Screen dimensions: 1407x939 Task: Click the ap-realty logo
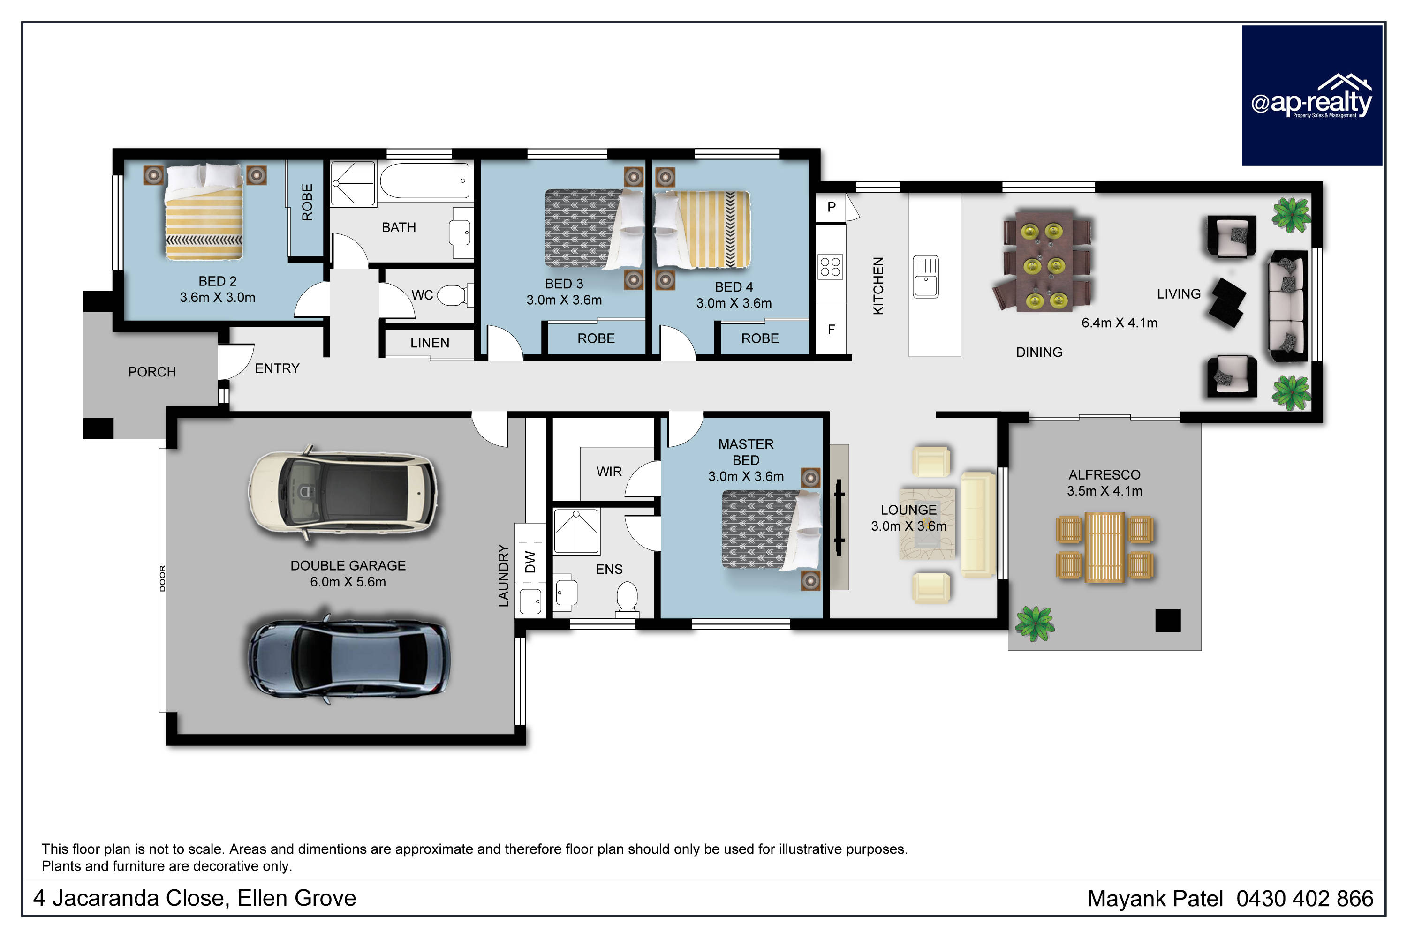(x=1311, y=95)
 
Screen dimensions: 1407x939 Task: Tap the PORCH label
(x=152, y=372)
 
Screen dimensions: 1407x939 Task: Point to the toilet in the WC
(x=454, y=294)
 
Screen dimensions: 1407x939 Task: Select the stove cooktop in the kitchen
(x=830, y=267)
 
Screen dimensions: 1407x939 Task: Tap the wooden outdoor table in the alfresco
(x=1104, y=547)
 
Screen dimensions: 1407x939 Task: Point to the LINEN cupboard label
(x=430, y=343)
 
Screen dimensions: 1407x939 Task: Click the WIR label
(x=609, y=472)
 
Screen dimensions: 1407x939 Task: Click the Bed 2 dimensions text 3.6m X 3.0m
(x=218, y=298)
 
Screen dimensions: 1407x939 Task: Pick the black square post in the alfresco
(x=1167, y=620)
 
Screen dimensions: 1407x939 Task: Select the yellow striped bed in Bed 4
(x=702, y=229)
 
